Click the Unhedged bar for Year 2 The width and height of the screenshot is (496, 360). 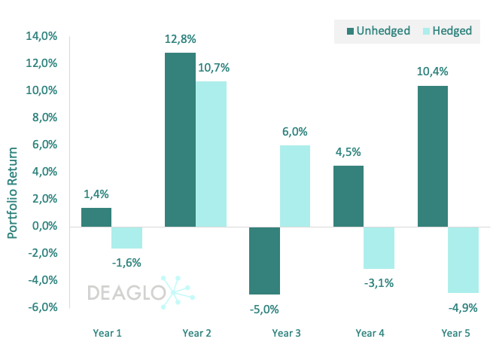pyautogui.click(x=180, y=139)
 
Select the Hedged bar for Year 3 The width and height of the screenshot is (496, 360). pyautogui.click(x=295, y=185)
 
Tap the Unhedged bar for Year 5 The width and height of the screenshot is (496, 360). pyautogui.click(x=433, y=156)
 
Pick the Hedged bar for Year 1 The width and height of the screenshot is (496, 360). pyautogui.click(x=126, y=237)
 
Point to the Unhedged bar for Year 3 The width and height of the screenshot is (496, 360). pyautogui.click(x=265, y=260)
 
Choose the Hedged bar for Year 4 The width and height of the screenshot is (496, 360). pyautogui.click(x=379, y=248)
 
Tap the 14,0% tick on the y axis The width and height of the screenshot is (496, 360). pyautogui.click(x=42, y=36)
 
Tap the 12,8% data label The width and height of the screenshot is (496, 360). pyautogui.click(x=180, y=39)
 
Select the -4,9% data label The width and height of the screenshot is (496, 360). pyautogui.click(x=463, y=307)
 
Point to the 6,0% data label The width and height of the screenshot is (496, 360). pyautogui.click(x=295, y=131)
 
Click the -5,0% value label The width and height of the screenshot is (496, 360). pyautogui.click(x=265, y=308)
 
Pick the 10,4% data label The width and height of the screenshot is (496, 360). pyautogui.click(x=433, y=72)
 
